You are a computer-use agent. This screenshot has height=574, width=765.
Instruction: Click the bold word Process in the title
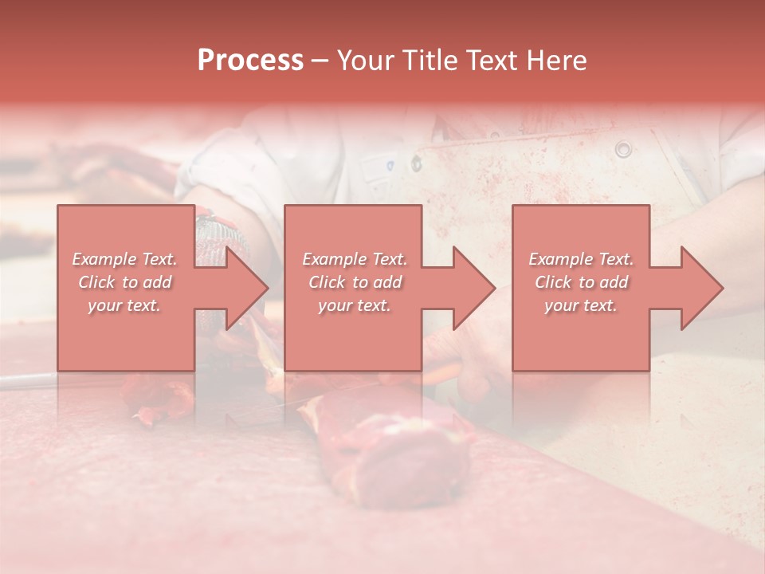coord(250,61)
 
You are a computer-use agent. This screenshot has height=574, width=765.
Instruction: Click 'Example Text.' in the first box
coord(125,259)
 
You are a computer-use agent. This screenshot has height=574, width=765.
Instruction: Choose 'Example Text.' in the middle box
coord(355,259)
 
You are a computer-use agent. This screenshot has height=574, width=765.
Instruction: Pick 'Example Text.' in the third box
coord(581,259)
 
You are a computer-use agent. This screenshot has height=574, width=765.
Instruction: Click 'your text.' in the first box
coord(124,305)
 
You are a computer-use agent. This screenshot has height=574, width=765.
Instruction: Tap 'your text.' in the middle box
coord(355,305)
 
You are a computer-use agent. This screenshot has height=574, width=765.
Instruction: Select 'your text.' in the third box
coord(581,305)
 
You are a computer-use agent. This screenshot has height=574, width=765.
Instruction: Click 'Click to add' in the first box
coord(125,282)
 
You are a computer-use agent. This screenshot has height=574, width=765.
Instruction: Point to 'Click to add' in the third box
coord(581,282)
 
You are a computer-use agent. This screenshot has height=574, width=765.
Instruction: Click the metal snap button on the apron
coord(622,148)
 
